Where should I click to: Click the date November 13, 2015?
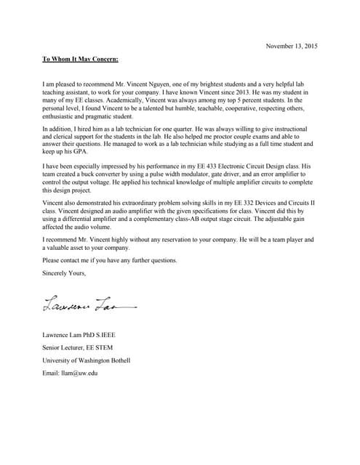tap(291, 46)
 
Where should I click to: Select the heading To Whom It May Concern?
tap(80, 59)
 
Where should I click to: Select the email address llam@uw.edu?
tap(70, 373)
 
